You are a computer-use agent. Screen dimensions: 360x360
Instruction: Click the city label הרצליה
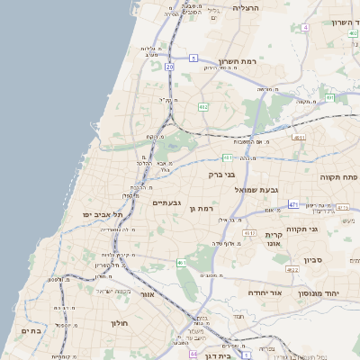(245, 7)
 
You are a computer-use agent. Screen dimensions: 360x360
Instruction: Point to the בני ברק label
(221, 175)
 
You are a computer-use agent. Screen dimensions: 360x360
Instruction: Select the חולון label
(121, 322)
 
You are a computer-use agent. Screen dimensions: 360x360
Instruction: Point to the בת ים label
(31, 331)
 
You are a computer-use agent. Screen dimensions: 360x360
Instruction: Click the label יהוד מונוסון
(328, 292)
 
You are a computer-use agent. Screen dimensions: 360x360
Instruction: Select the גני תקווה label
(303, 229)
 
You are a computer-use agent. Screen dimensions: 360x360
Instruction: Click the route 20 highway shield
(169, 67)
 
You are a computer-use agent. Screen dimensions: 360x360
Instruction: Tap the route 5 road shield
(193, 58)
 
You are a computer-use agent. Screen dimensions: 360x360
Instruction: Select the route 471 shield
(293, 204)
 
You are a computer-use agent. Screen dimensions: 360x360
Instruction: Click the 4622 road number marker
(292, 269)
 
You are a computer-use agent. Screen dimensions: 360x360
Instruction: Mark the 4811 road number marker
(299, 137)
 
